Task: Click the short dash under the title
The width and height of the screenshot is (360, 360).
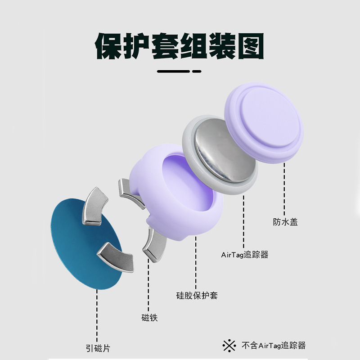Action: [196, 71]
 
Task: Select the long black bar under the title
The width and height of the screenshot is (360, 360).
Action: [173, 71]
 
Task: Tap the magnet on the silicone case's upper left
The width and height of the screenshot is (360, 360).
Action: [128, 191]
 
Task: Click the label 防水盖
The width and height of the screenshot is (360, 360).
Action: [285, 222]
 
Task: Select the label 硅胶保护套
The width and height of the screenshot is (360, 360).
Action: [197, 296]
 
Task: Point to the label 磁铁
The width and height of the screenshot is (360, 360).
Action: [149, 318]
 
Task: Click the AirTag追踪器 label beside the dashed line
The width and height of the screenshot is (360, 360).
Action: [244, 255]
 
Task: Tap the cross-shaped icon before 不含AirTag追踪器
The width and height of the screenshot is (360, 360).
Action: [229, 346]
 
